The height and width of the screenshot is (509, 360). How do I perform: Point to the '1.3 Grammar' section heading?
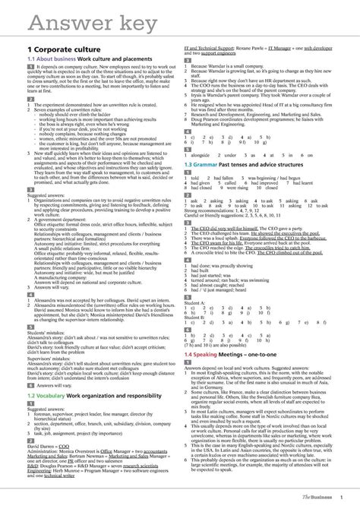(x=212, y=165)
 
